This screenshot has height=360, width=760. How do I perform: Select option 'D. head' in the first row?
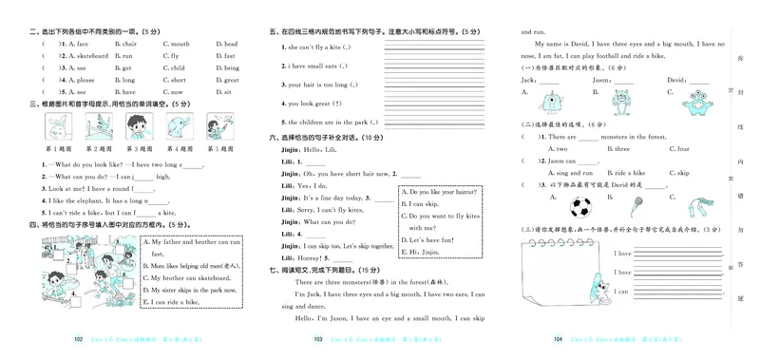click(x=228, y=44)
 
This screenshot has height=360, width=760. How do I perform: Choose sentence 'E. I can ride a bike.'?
click(x=172, y=301)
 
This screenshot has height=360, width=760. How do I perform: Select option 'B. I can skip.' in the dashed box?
click(x=418, y=203)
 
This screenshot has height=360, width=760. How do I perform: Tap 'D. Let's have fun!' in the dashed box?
click(x=426, y=239)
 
